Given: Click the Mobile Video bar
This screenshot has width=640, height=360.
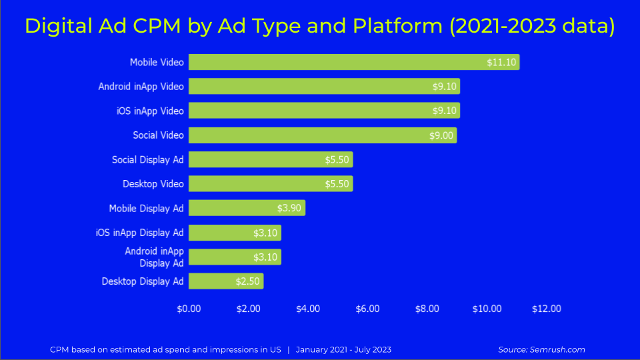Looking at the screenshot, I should coord(353,62).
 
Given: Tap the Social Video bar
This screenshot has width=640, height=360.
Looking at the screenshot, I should coord(322,135).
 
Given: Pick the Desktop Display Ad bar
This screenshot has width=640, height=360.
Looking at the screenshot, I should coord(225,281).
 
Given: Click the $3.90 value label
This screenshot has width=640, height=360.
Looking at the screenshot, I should coord(289,208).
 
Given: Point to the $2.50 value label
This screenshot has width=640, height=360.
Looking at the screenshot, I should coord(247,281).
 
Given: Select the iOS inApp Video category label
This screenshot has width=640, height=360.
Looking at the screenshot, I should coord(149,111).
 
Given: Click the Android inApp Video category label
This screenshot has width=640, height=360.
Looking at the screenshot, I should coord(141,87).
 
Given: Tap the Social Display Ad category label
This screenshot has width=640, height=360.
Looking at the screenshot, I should coord(147,160).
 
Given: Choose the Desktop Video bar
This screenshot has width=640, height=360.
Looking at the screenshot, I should coord(270,184).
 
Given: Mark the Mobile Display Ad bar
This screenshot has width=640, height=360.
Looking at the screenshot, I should coord(247,208).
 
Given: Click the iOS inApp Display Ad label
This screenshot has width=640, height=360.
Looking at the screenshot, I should coord(139,233).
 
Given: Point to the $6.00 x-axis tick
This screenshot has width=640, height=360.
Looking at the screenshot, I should coord(367,309).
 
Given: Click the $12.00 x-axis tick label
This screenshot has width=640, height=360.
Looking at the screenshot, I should coord(546,309).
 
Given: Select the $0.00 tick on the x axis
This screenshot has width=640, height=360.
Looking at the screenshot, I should coord(189,309).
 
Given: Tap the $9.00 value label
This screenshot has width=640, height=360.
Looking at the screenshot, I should coord(441,135).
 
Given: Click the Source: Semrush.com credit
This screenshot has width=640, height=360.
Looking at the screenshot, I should coord(541,349).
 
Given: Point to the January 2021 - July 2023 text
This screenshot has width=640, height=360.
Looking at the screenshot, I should coord(343,349).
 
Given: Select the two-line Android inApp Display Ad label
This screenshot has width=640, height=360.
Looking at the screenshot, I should coord(154,257).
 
